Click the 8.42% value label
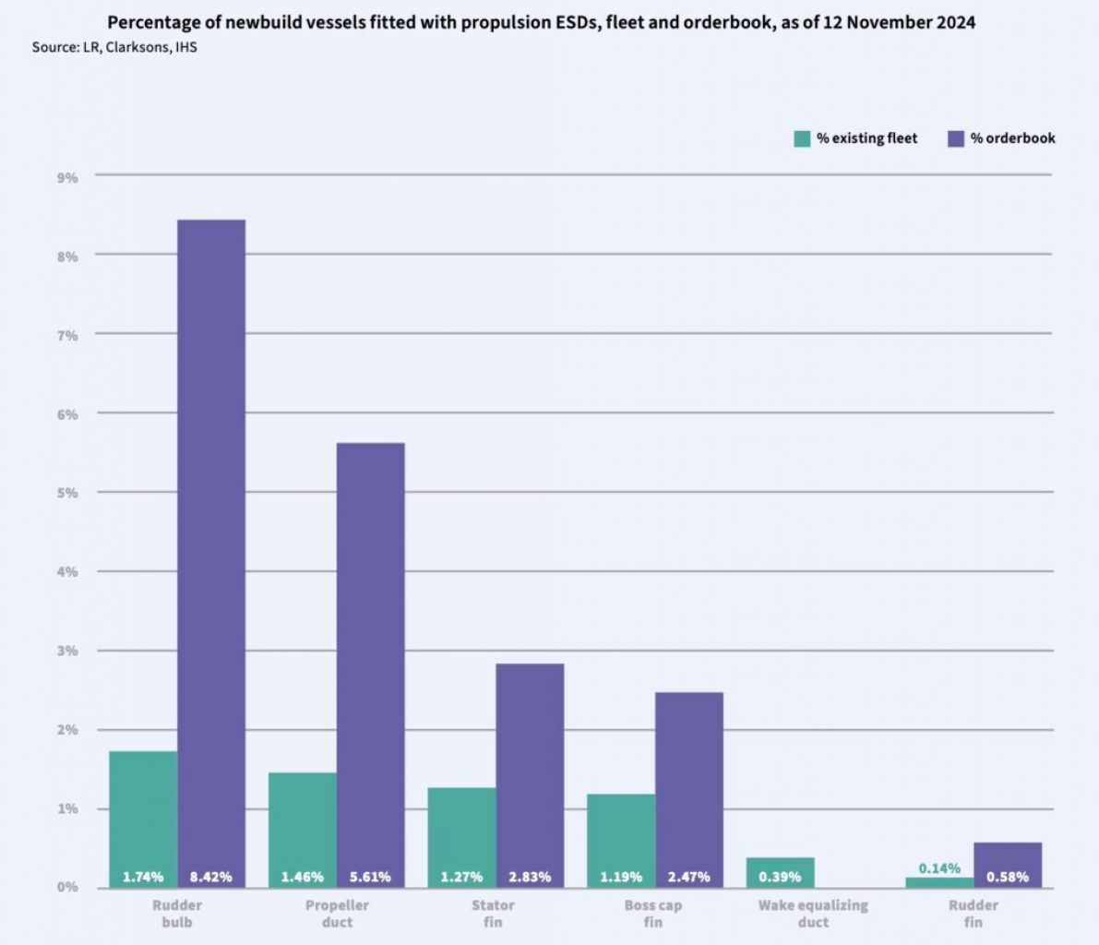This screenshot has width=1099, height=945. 211,877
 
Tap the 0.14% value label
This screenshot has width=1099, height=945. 939,868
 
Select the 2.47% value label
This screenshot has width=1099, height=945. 689,877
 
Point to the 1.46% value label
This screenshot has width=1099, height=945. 303,877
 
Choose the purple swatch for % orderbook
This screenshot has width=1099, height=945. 956,138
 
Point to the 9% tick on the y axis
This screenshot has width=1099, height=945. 67,176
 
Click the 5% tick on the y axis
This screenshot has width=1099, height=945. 67,493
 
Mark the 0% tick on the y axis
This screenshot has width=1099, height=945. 67,888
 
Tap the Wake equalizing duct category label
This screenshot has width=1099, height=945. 813,914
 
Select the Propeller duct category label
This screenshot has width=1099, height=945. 337,914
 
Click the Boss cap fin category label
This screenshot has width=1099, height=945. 653,914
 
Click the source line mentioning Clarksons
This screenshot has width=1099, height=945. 114,46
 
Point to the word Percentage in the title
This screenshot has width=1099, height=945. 152,21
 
